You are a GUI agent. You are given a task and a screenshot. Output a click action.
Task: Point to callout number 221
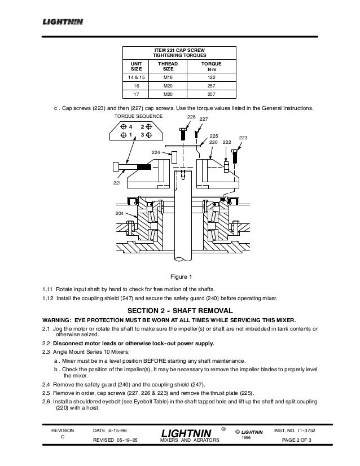(118, 183)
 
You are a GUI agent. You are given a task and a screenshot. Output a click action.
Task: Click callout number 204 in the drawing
(119, 213)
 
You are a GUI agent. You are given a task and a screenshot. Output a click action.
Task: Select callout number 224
(156, 152)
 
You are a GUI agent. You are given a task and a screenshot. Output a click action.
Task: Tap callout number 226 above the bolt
(191, 117)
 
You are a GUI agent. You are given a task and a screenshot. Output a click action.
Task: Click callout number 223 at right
(244, 138)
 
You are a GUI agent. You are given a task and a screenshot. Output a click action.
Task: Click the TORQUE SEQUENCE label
(138, 116)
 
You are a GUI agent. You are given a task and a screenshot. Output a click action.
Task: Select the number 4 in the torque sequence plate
(130, 126)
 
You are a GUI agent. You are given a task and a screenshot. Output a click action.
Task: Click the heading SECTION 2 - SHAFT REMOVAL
(180, 311)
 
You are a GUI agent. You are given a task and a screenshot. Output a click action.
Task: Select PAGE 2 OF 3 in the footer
(300, 441)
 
